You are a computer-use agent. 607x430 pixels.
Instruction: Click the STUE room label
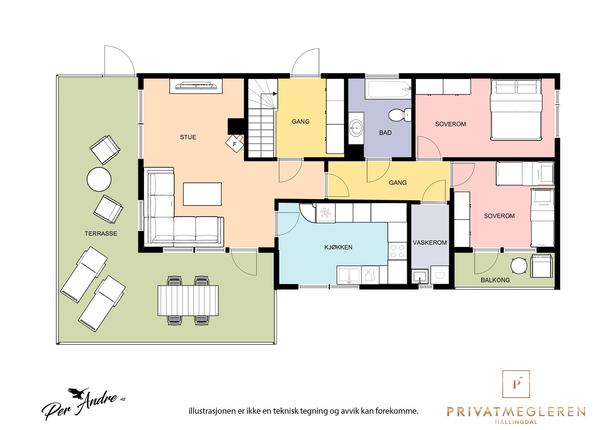(188, 137)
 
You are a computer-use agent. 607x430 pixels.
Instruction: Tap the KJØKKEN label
(338, 247)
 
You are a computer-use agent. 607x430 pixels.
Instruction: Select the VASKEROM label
(430, 242)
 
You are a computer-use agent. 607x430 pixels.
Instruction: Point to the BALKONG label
(495, 280)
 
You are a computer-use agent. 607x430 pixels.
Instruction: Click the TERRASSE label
(101, 234)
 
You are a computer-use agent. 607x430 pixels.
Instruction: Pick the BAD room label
(385, 133)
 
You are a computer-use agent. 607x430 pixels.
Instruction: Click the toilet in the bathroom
(400, 115)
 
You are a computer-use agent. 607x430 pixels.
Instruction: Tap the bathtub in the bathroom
(388, 89)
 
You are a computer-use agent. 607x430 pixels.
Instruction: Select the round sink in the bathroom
(356, 128)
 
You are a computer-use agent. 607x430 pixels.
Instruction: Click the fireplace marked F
(234, 144)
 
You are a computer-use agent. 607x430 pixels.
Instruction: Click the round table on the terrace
(99, 179)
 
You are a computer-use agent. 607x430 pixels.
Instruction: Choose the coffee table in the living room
(202, 194)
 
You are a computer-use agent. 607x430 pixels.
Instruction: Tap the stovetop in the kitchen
(397, 251)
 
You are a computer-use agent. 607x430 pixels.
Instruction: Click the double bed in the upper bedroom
(516, 110)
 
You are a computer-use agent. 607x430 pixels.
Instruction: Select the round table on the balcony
(519, 265)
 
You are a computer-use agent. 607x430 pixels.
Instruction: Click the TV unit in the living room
(196, 86)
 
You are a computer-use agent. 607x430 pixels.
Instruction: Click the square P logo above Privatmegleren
(516, 384)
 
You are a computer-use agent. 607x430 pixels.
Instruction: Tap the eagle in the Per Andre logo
(78, 394)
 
